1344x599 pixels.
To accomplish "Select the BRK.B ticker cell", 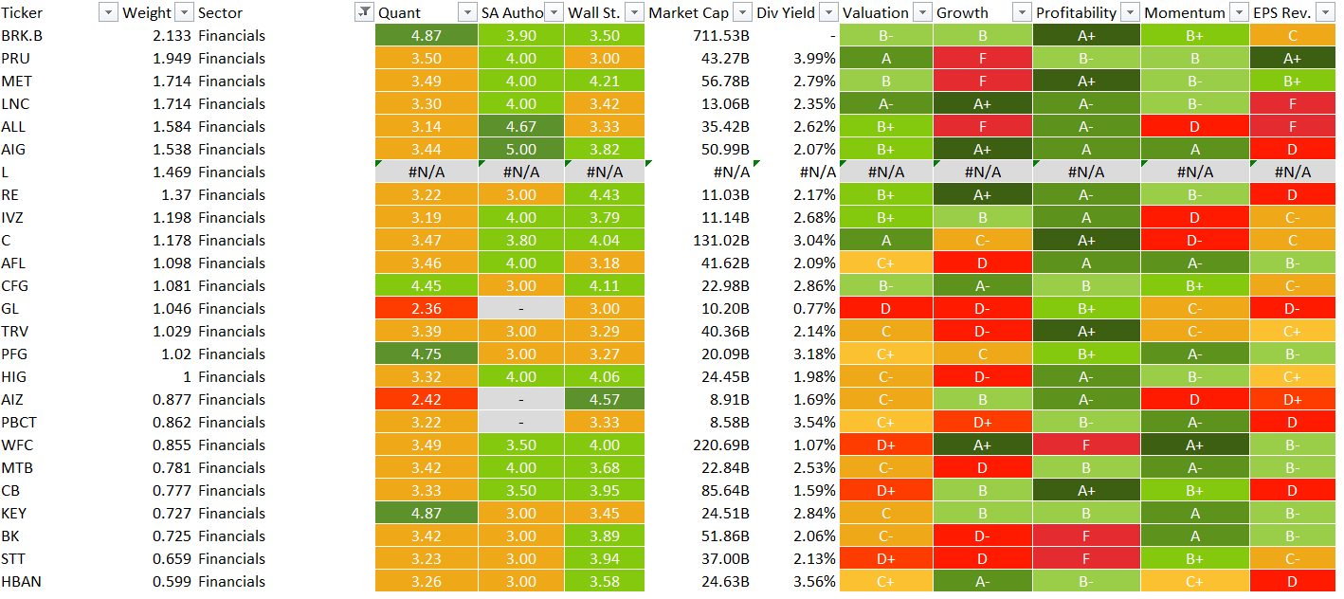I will pos(20,35).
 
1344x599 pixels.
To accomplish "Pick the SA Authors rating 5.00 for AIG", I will pos(520,149).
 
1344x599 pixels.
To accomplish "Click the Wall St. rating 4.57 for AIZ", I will pos(604,399).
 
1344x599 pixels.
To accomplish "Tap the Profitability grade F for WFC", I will pos(1085,445).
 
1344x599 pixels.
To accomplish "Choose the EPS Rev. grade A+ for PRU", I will pos(1292,58).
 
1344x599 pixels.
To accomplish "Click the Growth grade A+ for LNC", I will pos(982,103).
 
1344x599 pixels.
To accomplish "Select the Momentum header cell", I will pos(1180,12).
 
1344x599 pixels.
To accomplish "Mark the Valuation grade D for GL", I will pos(885,308).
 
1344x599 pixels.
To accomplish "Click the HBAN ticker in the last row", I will pos(20,581).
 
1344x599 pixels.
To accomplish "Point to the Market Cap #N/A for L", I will pos(731,172).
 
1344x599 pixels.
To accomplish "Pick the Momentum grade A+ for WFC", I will pos(1194,445).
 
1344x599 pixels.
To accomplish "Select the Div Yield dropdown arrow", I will pos(828,12).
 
